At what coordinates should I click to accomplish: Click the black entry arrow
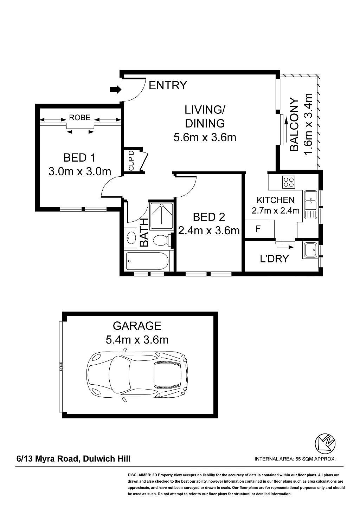coord(116,90)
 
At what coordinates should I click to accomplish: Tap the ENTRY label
coord(168,85)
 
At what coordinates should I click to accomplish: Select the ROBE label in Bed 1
coord(80,117)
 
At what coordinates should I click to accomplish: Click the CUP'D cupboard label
coord(131,161)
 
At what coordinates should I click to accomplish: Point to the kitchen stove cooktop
coord(289,182)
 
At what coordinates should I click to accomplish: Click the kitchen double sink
coord(310,201)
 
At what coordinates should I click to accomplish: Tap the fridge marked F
coord(259,229)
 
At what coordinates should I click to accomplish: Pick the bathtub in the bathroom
coord(148,261)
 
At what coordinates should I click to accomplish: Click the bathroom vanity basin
coord(131,237)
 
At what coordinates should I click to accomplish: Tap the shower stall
coord(161,214)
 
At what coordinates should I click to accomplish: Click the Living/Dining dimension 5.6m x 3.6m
coord(205,137)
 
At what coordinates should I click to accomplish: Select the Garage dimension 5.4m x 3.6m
coord(137,340)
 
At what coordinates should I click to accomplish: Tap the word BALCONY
coord(295,125)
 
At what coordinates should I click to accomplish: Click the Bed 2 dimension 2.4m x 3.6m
coord(209,231)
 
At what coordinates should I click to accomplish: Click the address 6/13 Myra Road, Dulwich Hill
coord(74,458)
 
